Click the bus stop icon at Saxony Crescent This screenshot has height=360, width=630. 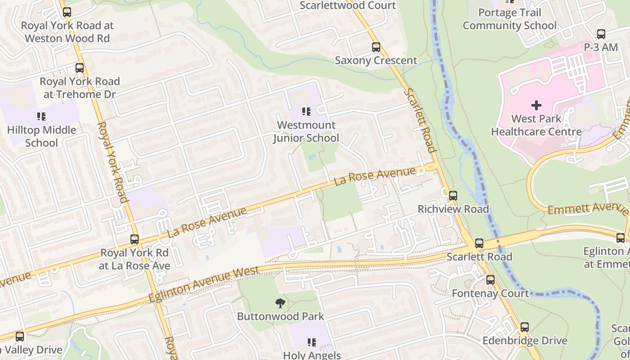(x=376, y=47)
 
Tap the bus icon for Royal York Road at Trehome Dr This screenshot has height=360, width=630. (x=80, y=68)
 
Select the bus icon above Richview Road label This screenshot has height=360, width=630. (x=453, y=196)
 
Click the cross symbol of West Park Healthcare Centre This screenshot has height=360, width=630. (x=536, y=105)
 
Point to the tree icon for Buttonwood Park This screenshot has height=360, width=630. (x=280, y=303)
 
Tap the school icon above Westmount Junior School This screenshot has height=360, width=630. (x=306, y=111)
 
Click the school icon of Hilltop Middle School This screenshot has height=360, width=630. (x=41, y=117)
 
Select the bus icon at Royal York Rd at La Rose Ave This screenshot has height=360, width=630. (x=135, y=239)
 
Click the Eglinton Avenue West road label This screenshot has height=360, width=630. (x=204, y=284)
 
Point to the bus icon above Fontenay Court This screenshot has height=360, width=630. (x=490, y=280)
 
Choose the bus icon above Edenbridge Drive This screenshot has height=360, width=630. (x=525, y=327)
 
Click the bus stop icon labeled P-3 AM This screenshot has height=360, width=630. (x=601, y=34)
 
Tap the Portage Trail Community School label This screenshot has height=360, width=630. (x=509, y=19)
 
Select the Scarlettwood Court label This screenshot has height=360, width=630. (x=347, y=5)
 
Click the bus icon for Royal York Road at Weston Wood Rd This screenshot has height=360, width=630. (x=67, y=12)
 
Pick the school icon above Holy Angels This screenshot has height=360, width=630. (x=312, y=342)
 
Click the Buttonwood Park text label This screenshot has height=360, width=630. (x=280, y=316)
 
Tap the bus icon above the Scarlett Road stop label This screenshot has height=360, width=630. (x=479, y=243)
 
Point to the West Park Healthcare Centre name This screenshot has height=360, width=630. (x=536, y=125)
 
